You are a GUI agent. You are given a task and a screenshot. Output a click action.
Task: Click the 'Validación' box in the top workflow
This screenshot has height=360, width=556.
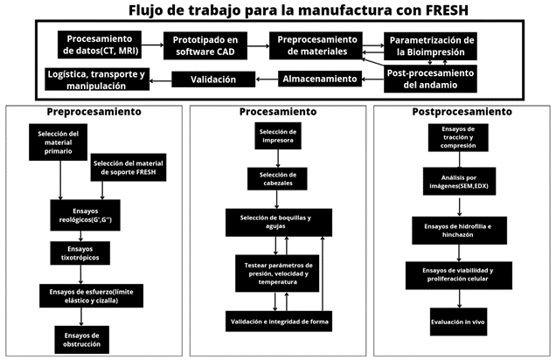click(215, 80)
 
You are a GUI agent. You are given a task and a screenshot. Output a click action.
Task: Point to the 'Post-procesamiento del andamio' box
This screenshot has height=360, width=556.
click(430, 80)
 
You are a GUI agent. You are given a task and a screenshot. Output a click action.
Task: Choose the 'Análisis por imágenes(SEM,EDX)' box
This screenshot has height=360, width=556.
click(458, 181)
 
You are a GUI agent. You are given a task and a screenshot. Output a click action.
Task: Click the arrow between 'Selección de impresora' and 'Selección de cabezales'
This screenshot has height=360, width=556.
click(277, 158)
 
